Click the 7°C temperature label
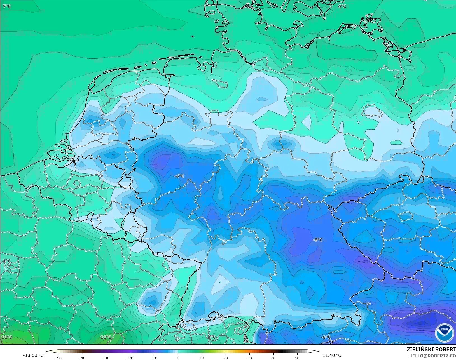[7, 6]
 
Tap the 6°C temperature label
[342, 6]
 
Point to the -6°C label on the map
[179, 176]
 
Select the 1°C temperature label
[7, 261]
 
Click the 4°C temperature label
[212, 337]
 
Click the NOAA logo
[445, 333]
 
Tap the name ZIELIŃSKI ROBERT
[431, 349]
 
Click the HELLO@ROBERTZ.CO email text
[432, 356]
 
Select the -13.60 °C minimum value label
[33, 355]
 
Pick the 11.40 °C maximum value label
[332, 355]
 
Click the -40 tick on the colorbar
[82, 358]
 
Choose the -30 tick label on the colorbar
[106, 358]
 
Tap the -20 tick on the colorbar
[130, 358]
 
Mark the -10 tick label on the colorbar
[154, 358]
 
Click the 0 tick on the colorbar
[178, 358]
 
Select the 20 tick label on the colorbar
[226, 358]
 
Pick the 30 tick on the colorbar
[249, 358]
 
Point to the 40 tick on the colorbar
[273, 358]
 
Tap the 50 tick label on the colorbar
[297, 358]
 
